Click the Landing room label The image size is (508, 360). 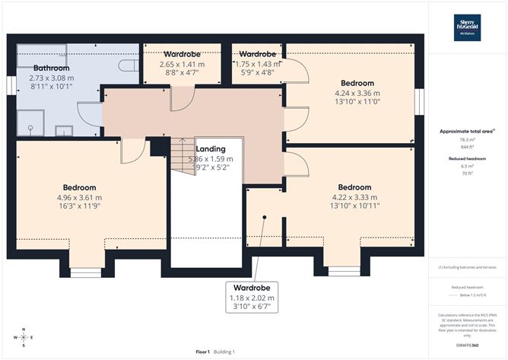pos(209,148)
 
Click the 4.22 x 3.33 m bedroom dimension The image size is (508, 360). pos(354,196)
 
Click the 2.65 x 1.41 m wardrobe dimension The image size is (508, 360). pos(182,65)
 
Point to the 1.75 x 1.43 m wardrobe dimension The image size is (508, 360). pos(257,65)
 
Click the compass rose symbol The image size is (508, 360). pos(24,336)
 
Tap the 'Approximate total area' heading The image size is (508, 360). pos(467,132)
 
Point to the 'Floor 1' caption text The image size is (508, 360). pos(202,352)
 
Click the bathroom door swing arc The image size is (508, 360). pos(90,114)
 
